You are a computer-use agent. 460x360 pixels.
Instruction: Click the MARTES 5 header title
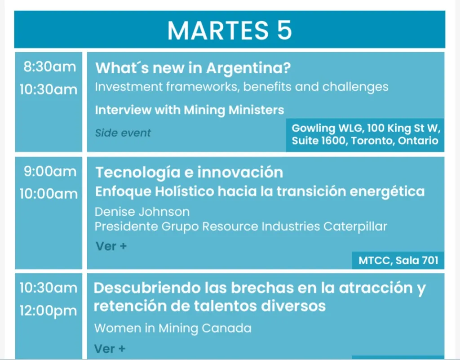click(x=230, y=30)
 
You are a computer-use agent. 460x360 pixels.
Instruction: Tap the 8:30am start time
click(x=50, y=67)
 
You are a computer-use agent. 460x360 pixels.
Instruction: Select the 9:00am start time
click(x=50, y=171)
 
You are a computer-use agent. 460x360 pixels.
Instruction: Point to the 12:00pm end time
click(x=49, y=311)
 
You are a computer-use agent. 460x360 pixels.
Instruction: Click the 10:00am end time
click(x=49, y=194)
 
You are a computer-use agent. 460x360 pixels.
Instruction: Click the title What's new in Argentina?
click(x=193, y=68)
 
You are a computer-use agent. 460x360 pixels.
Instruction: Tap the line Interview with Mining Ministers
click(x=190, y=110)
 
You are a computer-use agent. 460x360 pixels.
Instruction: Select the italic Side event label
click(x=123, y=133)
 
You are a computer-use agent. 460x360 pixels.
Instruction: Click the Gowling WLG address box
click(x=365, y=135)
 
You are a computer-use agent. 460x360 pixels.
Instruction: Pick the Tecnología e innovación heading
click(x=189, y=172)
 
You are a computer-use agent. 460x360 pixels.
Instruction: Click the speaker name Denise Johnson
click(x=142, y=212)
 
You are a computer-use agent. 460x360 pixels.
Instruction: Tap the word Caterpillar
click(x=355, y=227)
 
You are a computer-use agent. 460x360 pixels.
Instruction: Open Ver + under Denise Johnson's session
click(x=111, y=246)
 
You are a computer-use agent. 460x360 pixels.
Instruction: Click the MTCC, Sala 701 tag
click(x=398, y=260)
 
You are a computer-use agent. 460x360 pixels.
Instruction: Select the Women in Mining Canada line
click(x=173, y=328)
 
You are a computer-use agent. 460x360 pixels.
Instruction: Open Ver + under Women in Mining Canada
click(x=110, y=349)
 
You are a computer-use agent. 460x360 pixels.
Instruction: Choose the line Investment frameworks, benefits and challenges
click(x=242, y=87)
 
